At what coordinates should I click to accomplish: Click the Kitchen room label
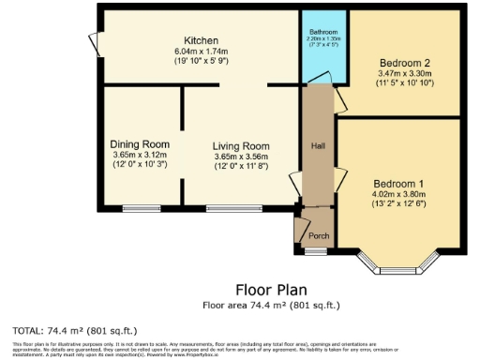[x=202, y=40]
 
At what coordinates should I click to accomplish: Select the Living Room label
[x=241, y=146]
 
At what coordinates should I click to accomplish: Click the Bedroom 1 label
[x=398, y=183]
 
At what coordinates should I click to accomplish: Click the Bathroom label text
[x=323, y=32]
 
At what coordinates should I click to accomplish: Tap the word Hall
[x=318, y=146]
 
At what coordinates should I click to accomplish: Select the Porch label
[x=319, y=236]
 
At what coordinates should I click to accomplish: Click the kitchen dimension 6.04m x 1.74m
[x=202, y=51]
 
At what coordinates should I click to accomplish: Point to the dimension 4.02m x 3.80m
[x=398, y=195]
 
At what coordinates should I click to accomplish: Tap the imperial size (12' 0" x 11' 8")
[x=241, y=168]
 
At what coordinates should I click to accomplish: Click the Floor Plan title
[x=272, y=290]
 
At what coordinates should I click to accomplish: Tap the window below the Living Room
[x=221, y=207]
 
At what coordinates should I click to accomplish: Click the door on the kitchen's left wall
[x=94, y=43]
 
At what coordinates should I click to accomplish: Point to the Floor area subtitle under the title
[x=271, y=305]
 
